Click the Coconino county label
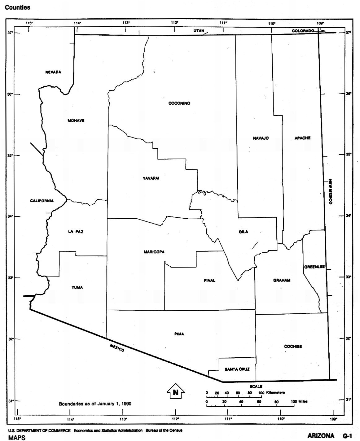[179, 103]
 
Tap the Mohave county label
[76, 120]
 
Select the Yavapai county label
[151, 178]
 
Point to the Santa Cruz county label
[237, 369]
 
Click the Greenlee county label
[314, 267]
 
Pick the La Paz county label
[76, 232]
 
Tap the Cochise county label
[293, 347]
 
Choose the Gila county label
[243, 232]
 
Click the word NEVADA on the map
[53, 72]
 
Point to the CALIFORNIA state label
[42, 201]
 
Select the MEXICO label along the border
[117, 348]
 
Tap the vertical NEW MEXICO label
[331, 192]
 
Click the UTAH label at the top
[199, 31]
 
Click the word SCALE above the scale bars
[256, 386]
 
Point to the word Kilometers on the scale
[275, 393]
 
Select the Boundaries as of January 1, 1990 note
[95, 404]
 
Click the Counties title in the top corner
[18, 7]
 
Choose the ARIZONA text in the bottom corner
[321, 436]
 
